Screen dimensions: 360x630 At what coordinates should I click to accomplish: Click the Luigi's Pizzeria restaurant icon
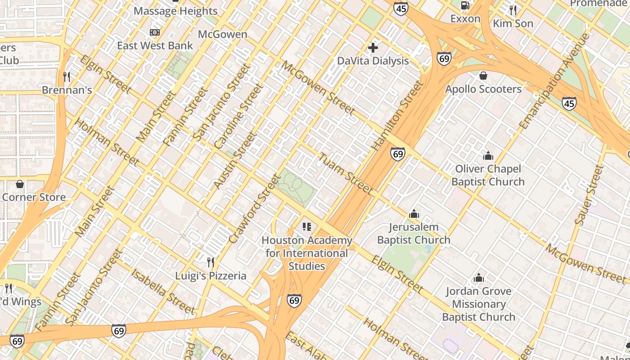point(210,262)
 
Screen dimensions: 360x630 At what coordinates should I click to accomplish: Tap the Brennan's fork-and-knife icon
point(67,77)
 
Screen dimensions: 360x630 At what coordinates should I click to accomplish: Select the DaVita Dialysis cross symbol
point(373,47)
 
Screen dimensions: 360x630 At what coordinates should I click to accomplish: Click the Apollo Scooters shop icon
point(483,76)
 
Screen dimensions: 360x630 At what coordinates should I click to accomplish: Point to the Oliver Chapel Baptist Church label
point(488,175)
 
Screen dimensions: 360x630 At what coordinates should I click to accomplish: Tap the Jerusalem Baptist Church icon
point(414,214)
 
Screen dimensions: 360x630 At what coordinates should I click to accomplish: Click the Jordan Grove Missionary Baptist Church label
point(478,304)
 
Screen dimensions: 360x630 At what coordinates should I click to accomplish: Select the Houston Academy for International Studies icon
point(307,227)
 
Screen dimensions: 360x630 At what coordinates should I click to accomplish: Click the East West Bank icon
point(155,32)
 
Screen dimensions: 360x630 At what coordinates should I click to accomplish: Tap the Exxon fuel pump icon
point(465,5)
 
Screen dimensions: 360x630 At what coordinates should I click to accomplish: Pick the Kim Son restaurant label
point(513,23)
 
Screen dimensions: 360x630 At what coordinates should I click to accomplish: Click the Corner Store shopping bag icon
point(20,184)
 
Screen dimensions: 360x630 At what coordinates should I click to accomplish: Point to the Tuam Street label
point(346,174)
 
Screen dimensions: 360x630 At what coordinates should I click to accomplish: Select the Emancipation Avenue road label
point(554,81)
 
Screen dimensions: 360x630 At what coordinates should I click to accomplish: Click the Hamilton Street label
point(398,116)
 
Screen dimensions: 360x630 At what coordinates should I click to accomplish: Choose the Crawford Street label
point(254,209)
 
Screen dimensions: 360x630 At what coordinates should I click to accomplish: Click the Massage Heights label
point(175,11)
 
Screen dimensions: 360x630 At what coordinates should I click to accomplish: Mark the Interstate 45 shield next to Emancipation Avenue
point(569,104)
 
